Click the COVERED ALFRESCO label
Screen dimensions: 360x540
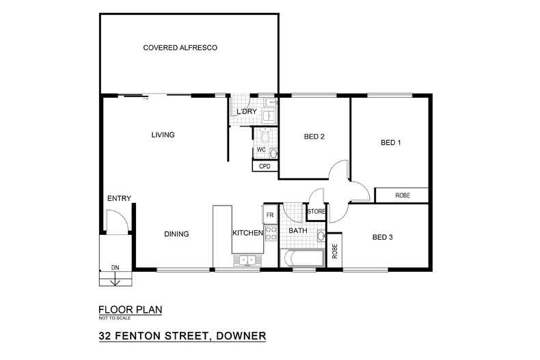click(x=180, y=48)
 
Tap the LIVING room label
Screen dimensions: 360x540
click(x=163, y=135)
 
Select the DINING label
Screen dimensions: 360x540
click(x=176, y=234)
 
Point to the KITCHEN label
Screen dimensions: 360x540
click(x=247, y=234)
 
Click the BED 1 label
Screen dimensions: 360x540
click(x=390, y=143)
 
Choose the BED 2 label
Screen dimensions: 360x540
click(x=314, y=137)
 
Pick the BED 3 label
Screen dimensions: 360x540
click(x=383, y=238)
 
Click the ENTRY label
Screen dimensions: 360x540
click(x=119, y=199)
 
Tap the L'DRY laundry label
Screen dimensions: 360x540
click(x=246, y=112)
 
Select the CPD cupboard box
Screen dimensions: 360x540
click(x=265, y=166)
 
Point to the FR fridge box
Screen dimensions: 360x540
click(x=270, y=215)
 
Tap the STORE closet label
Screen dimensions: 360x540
click(x=316, y=212)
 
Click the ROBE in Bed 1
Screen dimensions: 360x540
click(x=403, y=195)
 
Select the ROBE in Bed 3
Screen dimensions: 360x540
click(x=335, y=251)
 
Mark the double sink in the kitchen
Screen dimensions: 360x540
click(x=245, y=260)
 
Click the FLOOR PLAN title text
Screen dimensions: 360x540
click(x=131, y=309)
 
